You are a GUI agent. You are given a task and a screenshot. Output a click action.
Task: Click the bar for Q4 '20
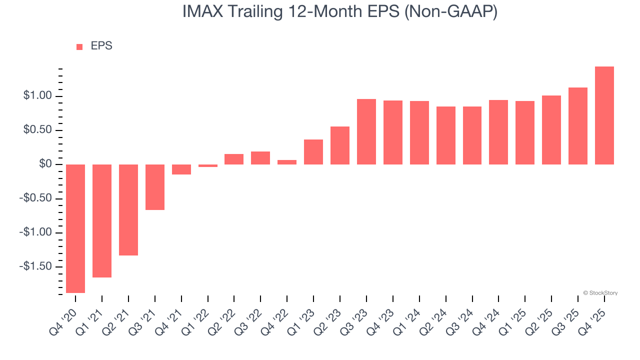[x=75, y=228]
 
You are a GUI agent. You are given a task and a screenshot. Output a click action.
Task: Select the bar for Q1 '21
[x=102, y=221]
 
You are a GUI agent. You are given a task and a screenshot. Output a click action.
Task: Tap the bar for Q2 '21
[x=128, y=210]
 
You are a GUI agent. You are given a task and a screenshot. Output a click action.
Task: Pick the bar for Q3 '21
[x=155, y=187]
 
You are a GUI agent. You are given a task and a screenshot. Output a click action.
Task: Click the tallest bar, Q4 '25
[x=604, y=115]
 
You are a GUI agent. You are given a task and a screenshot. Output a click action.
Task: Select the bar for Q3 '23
[x=366, y=131]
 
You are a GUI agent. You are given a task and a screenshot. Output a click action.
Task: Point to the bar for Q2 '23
[x=340, y=145]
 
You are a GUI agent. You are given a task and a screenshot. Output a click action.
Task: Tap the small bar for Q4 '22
[x=287, y=162]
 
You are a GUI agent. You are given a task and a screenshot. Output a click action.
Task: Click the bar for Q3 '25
[x=578, y=126]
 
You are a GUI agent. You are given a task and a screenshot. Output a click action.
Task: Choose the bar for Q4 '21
[x=181, y=169]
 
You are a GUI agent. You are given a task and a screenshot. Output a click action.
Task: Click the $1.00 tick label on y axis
[x=38, y=96]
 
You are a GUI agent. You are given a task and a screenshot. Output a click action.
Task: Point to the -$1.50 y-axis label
[x=36, y=266]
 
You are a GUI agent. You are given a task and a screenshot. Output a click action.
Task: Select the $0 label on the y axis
[x=46, y=164]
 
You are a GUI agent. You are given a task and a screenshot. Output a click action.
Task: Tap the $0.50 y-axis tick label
[x=38, y=130]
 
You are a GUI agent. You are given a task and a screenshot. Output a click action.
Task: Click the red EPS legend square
[x=79, y=47]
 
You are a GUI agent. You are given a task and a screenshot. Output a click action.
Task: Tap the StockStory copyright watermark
[x=600, y=293]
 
